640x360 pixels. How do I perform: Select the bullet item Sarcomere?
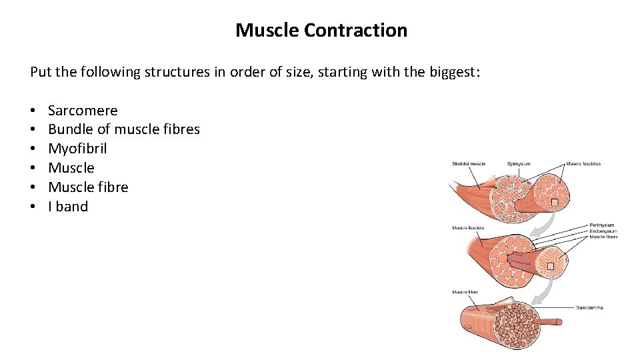[x=83, y=111]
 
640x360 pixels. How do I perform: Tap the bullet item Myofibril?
[x=77, y=149]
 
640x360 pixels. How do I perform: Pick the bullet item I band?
[x=68, y=207]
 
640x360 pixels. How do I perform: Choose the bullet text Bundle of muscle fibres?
[x=124, y=129]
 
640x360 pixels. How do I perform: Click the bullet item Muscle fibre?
[x=88, y=187]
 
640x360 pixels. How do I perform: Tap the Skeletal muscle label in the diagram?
[x=469, y=163]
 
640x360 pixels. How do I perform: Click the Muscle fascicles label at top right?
[x=583, y=163]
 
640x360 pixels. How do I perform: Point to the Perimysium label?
[x=602, y=225]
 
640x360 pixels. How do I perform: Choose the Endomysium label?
[x=603, y=231]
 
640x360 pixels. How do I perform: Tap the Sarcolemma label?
[x=589, y=307]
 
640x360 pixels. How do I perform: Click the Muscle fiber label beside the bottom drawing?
[x=465, y=292]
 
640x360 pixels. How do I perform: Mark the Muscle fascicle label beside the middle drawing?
[x=468, y=228]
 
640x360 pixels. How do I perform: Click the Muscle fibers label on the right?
[x=603, y=237]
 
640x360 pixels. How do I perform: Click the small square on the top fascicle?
[x=553, y=203]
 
